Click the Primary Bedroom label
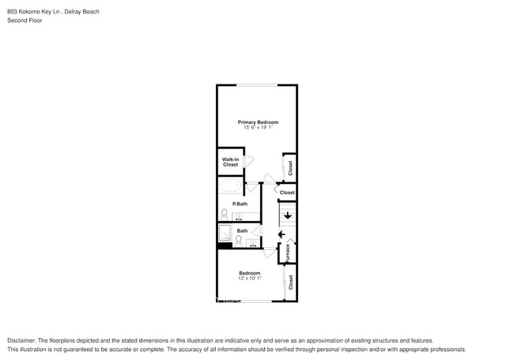point(258,122)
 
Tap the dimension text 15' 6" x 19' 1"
point(258,128)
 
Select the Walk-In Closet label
point(230,162)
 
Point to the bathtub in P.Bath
point(231,186)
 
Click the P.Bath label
point(240,204)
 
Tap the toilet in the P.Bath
point(224,213)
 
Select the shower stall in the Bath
point(225,234)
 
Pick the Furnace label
point(288,252)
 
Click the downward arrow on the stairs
point(287,214)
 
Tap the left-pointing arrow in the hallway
point(281,234)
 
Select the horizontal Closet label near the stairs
point(287,192)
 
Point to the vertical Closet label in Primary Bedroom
point(290,167)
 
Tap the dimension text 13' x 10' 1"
point(249,279)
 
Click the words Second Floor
point(25,21)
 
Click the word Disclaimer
point(24,340)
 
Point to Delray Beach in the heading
point(81,12)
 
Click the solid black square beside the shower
point(224,245)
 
